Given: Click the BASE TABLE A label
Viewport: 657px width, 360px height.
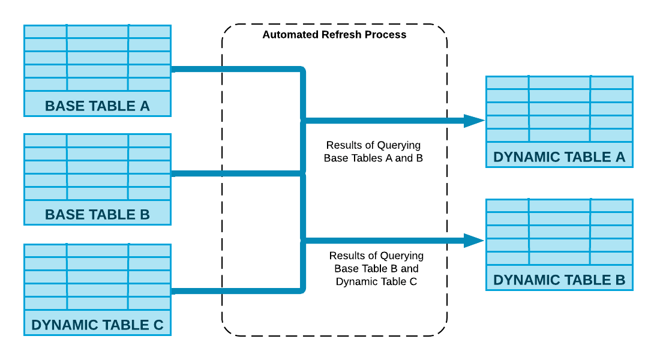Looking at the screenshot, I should (x=97, y=106).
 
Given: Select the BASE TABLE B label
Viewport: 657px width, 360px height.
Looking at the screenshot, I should (x=97, y=215).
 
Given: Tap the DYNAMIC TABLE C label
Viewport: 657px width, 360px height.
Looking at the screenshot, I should (x=97, y=325).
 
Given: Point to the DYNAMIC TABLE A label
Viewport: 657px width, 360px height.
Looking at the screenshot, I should (x=559, y=157).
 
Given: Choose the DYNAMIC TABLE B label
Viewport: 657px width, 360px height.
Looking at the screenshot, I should (x=559, y=280).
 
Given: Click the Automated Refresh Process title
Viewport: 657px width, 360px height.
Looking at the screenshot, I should (x=334, y=35).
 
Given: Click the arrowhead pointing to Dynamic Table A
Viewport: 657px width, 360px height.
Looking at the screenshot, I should (x=474, y=121).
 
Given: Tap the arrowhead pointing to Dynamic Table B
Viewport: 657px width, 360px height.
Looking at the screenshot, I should (x=474, y=241).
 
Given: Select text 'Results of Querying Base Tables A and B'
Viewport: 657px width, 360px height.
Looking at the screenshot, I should (x=373, y=152).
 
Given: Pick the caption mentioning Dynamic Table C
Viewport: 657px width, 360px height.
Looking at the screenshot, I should (x=376, y=269).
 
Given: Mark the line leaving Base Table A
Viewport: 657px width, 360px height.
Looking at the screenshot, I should (x=234, y=70).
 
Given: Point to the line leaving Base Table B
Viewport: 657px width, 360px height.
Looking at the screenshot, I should (x=234, y=174).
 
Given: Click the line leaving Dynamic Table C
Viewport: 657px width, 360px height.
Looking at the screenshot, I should (x=234, y=291).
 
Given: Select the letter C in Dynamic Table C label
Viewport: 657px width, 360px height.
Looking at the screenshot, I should (x=158, y=325).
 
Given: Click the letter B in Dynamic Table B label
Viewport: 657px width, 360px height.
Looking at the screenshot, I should (x=620, y=280).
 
